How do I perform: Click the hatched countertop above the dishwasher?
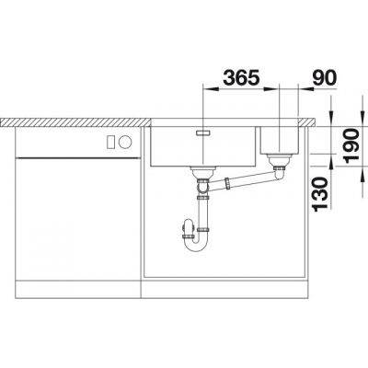74,121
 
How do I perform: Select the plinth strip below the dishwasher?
74,285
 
